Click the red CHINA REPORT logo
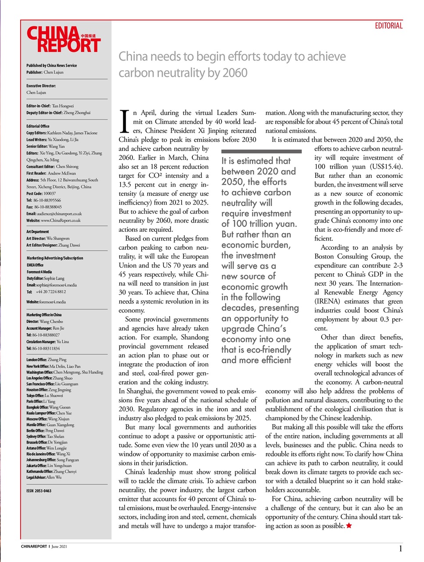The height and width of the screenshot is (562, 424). [x=64, y=40]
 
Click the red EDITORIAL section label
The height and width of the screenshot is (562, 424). [x=388, y=26]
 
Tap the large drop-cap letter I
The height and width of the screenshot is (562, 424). [x=125, y=121]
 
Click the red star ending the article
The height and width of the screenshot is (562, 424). [x=349, y=526]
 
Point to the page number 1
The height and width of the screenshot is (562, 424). [x=400, y=548]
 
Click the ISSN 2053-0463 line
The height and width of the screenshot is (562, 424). [x=39, y=491]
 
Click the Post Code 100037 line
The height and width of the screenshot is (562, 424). [x=41, y=193]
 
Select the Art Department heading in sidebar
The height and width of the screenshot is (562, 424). [x=38, y=231]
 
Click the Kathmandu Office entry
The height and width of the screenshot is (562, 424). [x=51, y=472]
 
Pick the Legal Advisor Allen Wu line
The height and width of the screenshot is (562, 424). [x=44, y=477]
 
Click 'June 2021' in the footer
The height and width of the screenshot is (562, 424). [x=59, y=547]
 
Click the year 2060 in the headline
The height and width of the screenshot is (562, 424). [x=234, y=73]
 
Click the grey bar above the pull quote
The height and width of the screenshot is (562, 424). [x=262, y=151]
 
